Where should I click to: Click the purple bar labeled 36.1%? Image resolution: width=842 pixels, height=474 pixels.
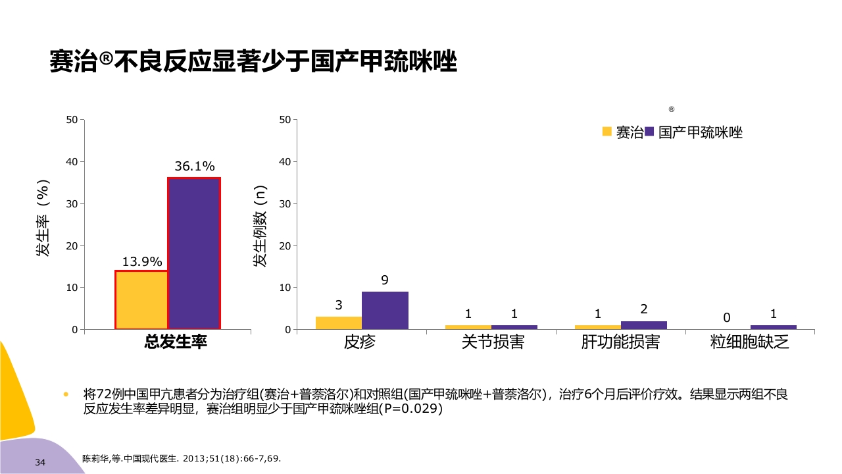point(194,253)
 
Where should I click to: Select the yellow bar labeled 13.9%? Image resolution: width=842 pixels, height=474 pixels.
point(141,300)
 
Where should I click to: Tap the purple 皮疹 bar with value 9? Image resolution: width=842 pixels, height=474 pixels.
point(385,310)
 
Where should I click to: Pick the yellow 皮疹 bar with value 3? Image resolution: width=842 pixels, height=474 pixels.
point(339,323)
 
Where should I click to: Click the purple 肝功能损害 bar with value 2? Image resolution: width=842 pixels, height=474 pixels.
point(644,325)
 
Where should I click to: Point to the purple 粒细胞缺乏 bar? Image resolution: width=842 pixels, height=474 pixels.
point(773,327)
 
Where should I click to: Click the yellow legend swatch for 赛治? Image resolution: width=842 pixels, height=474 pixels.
point(607,132)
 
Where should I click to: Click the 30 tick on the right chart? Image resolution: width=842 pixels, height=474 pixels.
point(284,203)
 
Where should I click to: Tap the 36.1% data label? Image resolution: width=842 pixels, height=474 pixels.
point(194,167)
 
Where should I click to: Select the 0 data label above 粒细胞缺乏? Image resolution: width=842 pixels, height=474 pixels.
point(727,318)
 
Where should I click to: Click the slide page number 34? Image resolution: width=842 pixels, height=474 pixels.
point(40,463)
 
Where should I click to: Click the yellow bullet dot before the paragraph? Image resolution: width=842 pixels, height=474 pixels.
point(66,395)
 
